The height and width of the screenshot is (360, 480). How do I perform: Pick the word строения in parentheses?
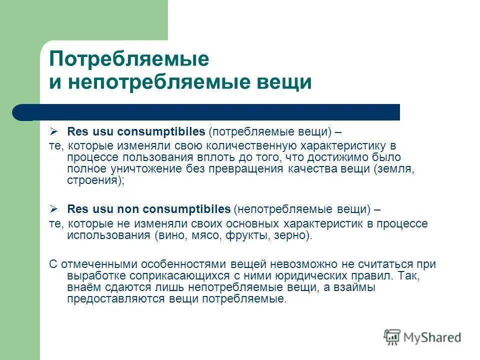(92, 180)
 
